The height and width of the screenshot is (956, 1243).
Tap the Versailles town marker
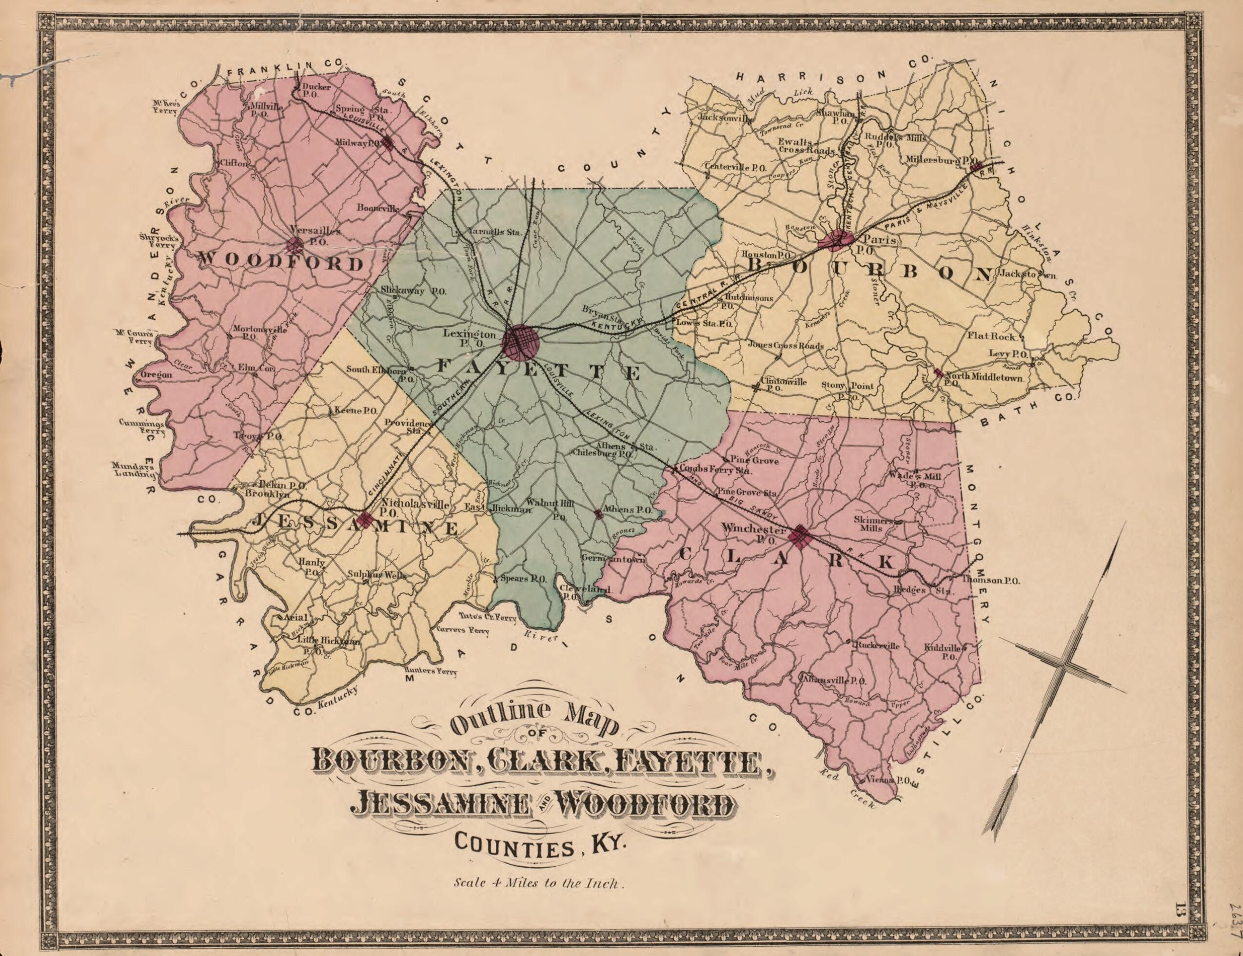tap(295, 246)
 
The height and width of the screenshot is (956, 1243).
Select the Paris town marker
tap(835, 241)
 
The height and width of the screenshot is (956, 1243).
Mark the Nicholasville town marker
tap(365, 518)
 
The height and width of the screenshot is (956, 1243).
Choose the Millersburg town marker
tap(977, 167)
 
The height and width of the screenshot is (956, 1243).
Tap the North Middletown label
tap(984, 377)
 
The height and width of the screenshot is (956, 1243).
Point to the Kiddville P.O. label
tap(943, 652)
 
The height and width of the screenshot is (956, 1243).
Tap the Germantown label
tap(613, 559)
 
